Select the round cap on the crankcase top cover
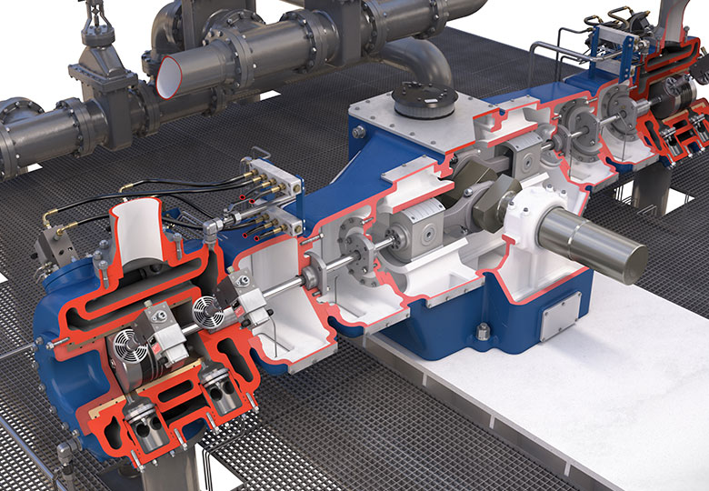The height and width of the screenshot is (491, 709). pyautogui.click(x=424, y=101)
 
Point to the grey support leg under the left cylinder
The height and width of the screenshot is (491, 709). pyautogui.click(x=177, y=468)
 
